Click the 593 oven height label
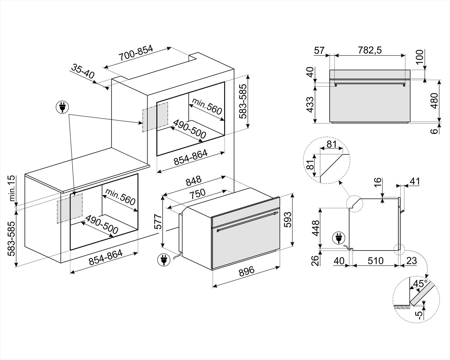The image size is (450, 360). click(x=287, y=220)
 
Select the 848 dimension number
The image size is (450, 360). click(x=193, y=181)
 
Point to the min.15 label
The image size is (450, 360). click(x=12, y=188)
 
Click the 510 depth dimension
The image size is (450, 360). click(x=376, y=261)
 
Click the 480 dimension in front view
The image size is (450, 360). click(x=434, y=101)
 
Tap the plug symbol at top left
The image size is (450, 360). click(x=62, y=107)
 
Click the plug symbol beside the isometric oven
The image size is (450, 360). click(x=163, y=260)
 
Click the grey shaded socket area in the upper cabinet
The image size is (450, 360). click(x=155, y=117)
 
